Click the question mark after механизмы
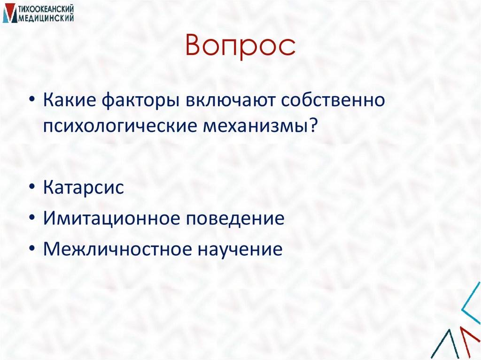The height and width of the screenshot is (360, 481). [x=312, y=125]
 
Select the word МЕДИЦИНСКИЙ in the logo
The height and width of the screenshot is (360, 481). [x=45, y=18]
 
